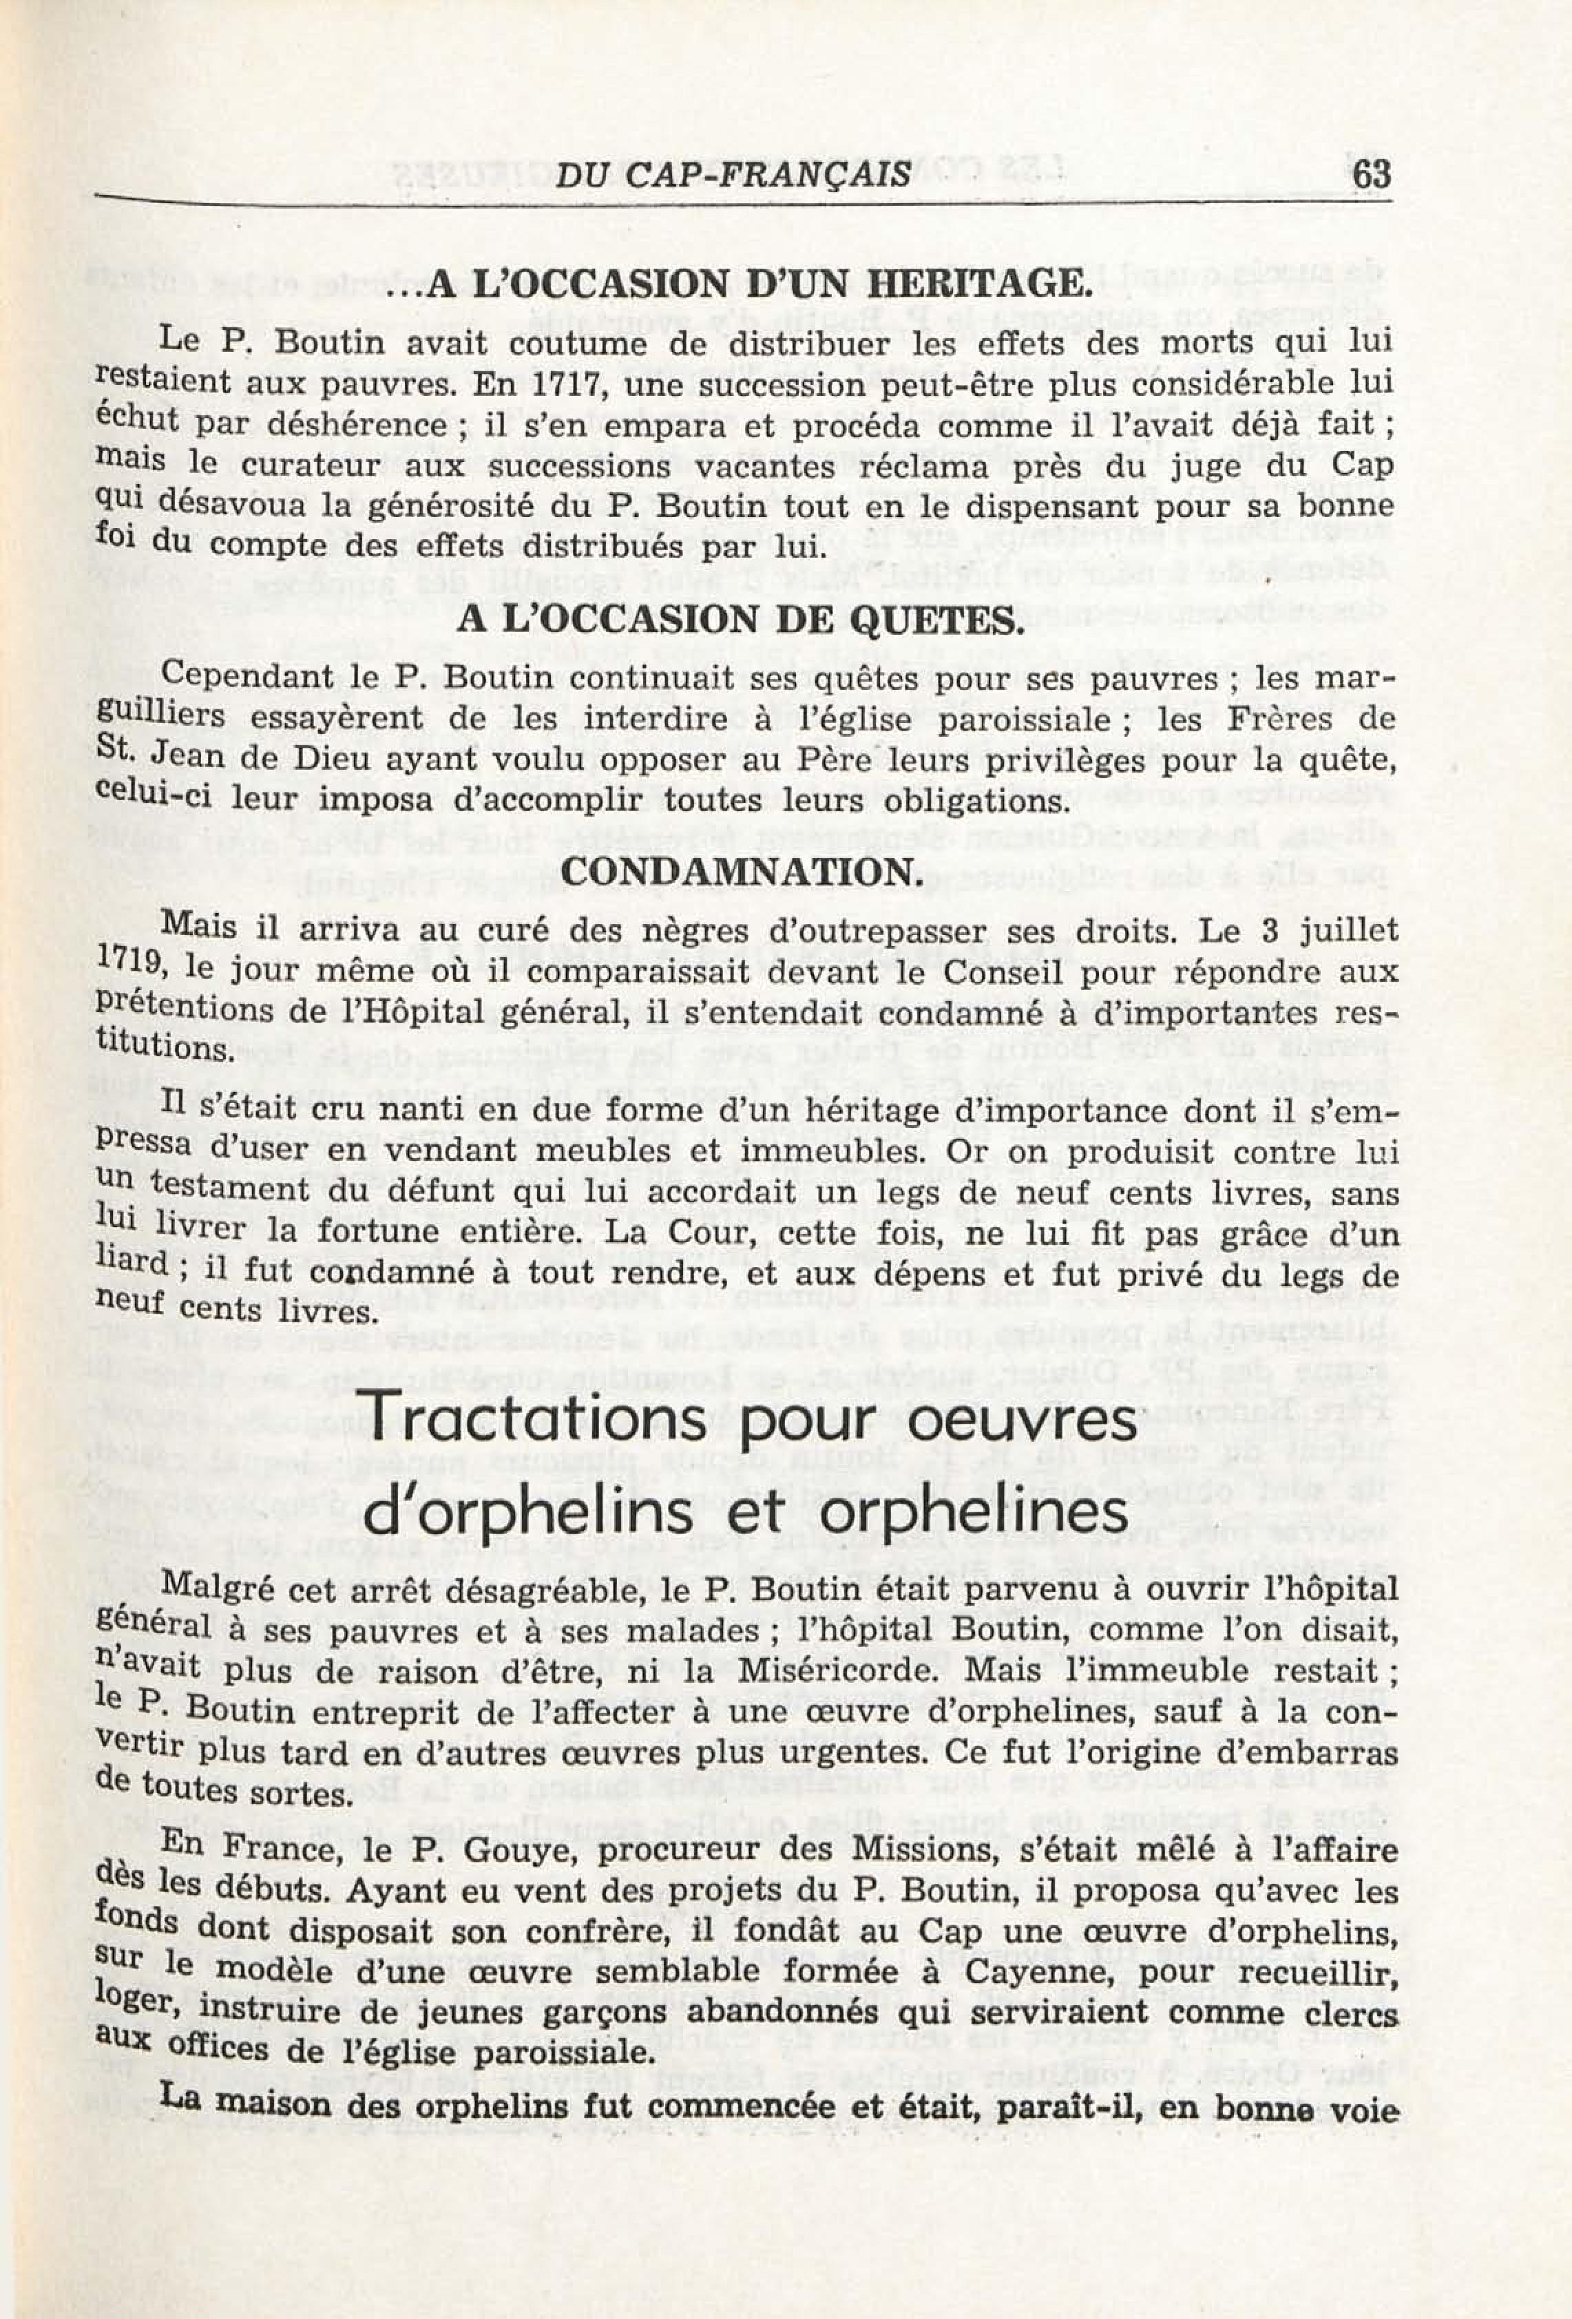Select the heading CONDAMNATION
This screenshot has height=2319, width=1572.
740,872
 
